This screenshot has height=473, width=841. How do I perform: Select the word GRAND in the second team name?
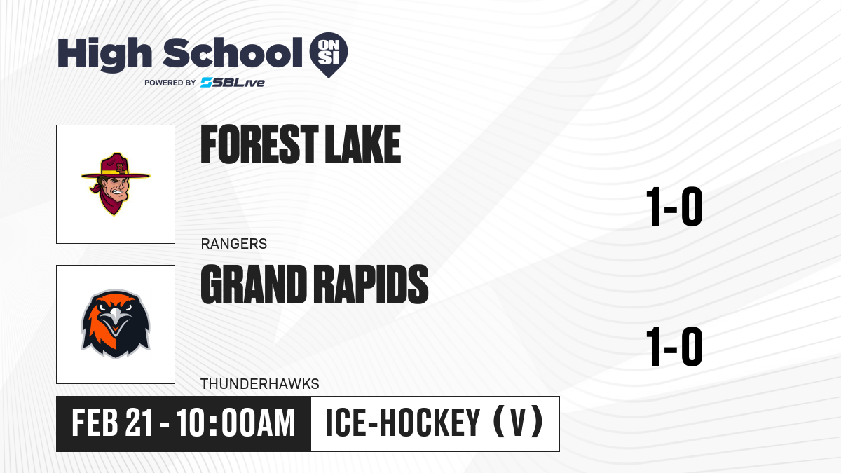pyautogui.click(x=254, y=285)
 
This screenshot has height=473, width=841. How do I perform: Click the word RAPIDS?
pyautogui.click(x=371, y=285)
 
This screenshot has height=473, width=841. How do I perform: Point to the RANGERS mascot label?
pyautogui.click(x=234, y=244)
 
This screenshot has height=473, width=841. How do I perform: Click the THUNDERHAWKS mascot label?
pyautogui.click(x=260, y=384)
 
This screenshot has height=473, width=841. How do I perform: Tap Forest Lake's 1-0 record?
pyautogui.click(x=674, y=207)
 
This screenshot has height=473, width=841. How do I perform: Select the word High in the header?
pyautogui.click(x=104, y=53)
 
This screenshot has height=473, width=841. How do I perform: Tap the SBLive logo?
pyautogui.click(x=233, y=83)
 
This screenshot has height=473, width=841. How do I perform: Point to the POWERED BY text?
pyautogui.click(x=170, y=83)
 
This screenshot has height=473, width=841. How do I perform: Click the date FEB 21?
pyautogui.click(x=112, y=423)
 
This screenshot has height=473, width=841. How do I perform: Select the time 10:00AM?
pyautogui.click(x=235, y=423)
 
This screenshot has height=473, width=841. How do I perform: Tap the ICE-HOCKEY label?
pyautogui.click(x=403, y=423)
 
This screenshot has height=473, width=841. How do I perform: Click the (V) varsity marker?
pyautogui.click(x=518, y=423)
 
